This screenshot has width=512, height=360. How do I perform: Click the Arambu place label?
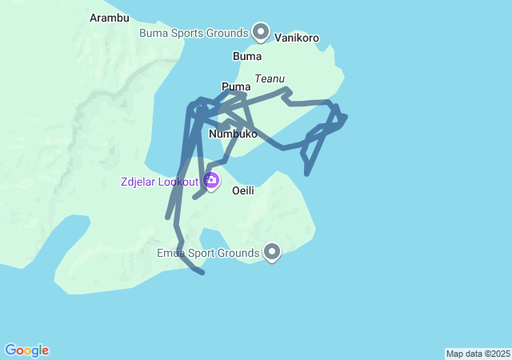tap(110, 18)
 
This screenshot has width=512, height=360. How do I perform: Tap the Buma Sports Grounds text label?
tap(194, 34)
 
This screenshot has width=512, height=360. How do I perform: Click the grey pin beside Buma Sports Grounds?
tap(261, 32)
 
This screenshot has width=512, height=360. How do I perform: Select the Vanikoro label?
tap(297, 38)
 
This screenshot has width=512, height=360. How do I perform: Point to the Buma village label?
tap(246, 57)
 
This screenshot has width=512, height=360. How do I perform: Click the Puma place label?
tap(236, 86)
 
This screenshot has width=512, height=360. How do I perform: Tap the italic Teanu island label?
tap(270, 79)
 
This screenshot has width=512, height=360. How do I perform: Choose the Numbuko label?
tap(233, 134)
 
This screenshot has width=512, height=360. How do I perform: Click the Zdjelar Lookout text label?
tap(159, 182)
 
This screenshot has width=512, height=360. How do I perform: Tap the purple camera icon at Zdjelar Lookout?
tap(211, 182)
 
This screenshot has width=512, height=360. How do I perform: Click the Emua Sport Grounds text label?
tap(209, 254)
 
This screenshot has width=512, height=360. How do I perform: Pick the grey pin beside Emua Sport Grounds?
tap(272, 253)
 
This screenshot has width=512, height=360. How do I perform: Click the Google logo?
tap(27, 350)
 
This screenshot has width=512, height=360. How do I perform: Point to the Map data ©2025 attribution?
tap(478, 354)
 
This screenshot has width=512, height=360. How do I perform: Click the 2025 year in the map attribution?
tap(499, 354)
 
